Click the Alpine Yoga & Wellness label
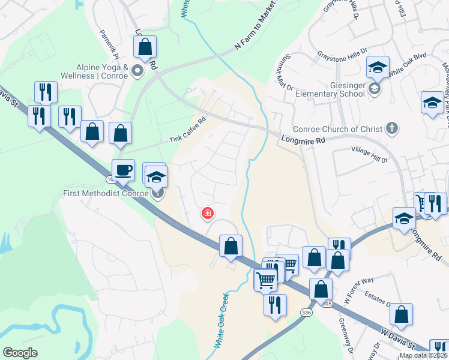pos(94,72)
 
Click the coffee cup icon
pos(124,169)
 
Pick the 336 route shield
pos(307,313)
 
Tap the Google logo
pos(20,353)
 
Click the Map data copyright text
pos(424,355)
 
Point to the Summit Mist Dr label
pos(285,75)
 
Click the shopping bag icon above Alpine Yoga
pos(145,47)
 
